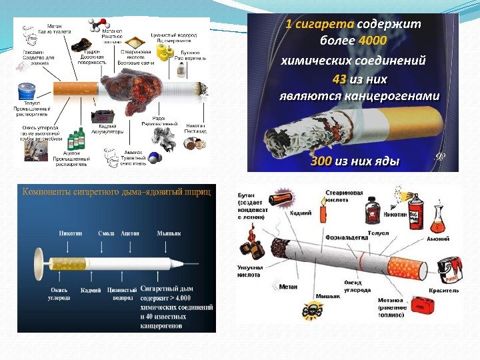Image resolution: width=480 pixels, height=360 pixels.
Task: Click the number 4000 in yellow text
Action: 371,42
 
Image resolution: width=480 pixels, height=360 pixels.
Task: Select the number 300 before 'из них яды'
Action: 321,161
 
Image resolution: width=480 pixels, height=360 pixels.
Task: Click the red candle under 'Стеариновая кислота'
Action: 323,215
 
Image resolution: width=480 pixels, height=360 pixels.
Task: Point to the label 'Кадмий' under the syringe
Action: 90,291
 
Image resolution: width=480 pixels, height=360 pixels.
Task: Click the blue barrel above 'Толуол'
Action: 27,90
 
